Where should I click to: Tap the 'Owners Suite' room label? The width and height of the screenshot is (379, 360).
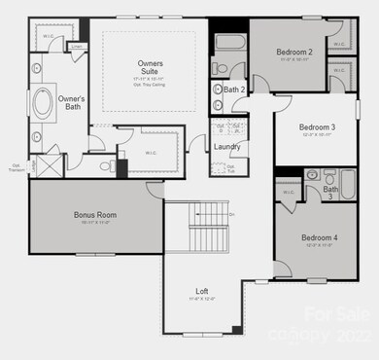[150, 67]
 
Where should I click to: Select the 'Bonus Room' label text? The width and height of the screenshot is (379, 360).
[95, 215]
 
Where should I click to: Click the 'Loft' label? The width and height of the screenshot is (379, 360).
[202, 291]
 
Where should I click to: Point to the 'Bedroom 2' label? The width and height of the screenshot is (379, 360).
[293, 52]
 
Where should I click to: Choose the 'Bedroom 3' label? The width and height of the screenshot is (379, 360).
[317, 127]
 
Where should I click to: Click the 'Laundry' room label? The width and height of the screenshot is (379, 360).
[227, 146]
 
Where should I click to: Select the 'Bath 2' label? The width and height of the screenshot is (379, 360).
[234, 90]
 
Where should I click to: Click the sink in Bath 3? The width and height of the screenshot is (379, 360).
[312, 175]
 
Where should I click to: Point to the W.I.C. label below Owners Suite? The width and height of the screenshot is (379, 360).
[151, 153]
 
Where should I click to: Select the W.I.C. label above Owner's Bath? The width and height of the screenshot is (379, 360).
[49, 37]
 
